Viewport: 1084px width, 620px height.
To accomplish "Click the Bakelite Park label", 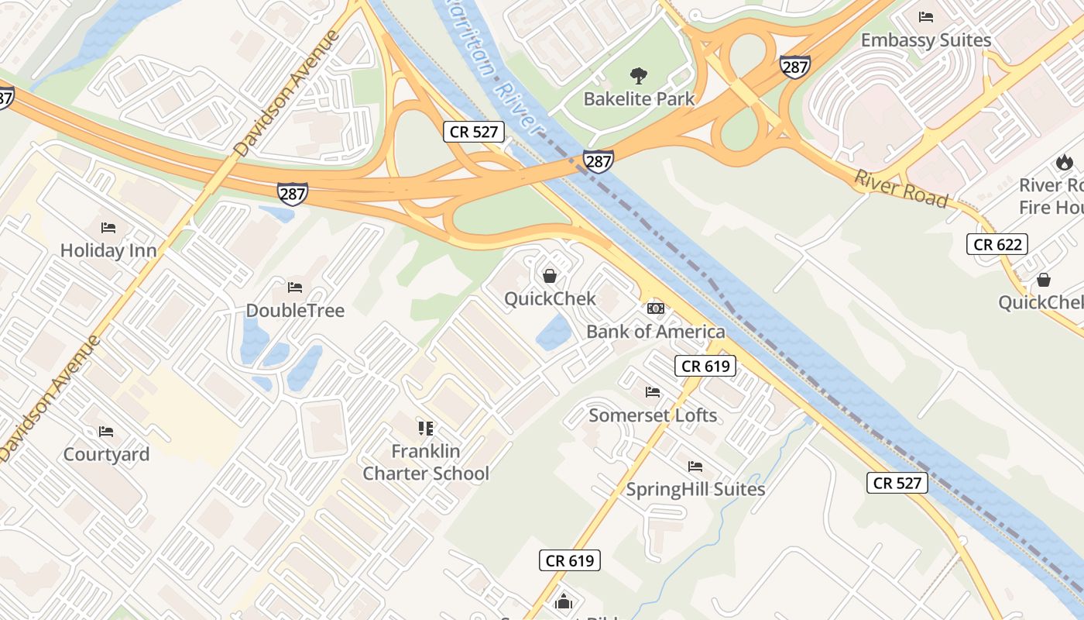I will point(639,99).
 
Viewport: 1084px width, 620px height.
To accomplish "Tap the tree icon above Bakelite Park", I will point(639,75).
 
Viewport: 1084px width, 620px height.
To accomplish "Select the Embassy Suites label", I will point(925,40).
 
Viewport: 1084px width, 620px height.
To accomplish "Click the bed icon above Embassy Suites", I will point(925,16).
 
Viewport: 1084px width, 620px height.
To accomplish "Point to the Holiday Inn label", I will point(108,250).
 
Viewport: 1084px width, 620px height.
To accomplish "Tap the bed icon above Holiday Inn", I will point(108,227).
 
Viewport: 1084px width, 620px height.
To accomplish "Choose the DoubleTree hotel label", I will point(295,310).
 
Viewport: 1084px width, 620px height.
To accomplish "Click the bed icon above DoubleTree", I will point(295,287).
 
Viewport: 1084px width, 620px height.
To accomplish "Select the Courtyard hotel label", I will point(106,454).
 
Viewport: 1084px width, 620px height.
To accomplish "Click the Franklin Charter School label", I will point(426,462).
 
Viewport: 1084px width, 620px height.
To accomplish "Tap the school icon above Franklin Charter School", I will point(425,428).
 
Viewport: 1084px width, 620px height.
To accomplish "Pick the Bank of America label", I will point(656,332).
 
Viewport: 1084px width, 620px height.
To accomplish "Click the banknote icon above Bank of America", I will point(656,308).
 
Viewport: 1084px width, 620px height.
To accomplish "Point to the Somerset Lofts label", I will point(653,415).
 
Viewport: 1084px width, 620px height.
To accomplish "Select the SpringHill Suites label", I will point(695,489).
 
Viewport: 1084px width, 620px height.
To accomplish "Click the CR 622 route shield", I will point(998,245).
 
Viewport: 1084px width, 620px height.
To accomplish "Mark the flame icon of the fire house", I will point(1064,162).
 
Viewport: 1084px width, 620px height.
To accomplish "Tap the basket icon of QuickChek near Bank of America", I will point(550,275).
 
